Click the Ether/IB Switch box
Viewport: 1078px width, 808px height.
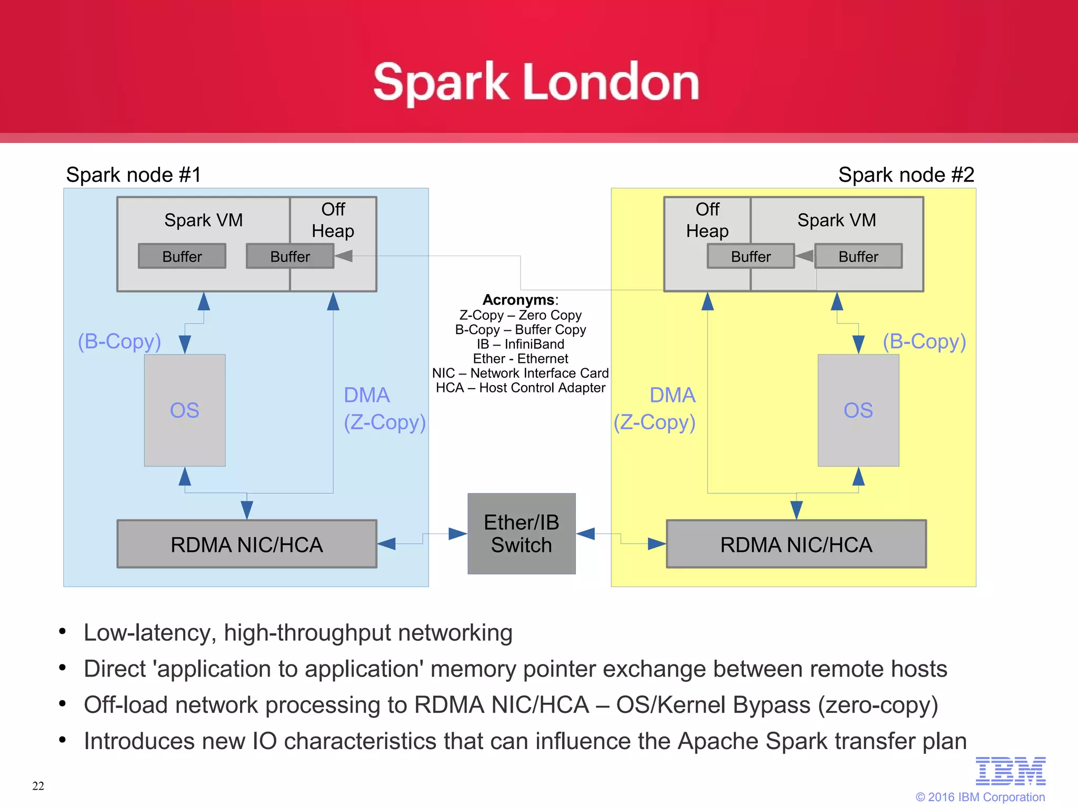(x=521, y=533)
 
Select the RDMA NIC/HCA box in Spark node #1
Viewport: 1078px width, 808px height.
(x=246, y=544)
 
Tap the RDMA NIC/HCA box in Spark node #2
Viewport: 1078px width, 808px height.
(x=796, y=544)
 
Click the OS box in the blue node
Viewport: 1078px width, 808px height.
(x=185, y=410)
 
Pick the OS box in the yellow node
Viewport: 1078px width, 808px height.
(x=858, y=410)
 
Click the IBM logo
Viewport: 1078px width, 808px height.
(x=1010, y=771)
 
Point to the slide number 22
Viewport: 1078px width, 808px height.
(x=38, y=786)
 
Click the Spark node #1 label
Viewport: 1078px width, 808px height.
(x=134, y=175)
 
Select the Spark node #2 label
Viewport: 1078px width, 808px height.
(x=906, y=175)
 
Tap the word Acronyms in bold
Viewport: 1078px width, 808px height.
(x=518, y=300)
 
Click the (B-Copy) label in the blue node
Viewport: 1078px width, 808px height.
(x=119, y=341)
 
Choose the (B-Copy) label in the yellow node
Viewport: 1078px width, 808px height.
(x=924, y=341)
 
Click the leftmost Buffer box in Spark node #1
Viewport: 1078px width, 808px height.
(x=182, y=256)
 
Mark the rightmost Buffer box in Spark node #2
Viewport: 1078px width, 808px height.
(x=858, y=256)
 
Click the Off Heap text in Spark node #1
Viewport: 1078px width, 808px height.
(x=333, y=220)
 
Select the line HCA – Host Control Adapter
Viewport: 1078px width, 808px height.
(x=521, y=388)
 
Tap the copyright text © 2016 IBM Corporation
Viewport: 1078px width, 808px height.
(x=980, y=797)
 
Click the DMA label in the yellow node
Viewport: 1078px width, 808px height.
(x=672, y=395)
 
